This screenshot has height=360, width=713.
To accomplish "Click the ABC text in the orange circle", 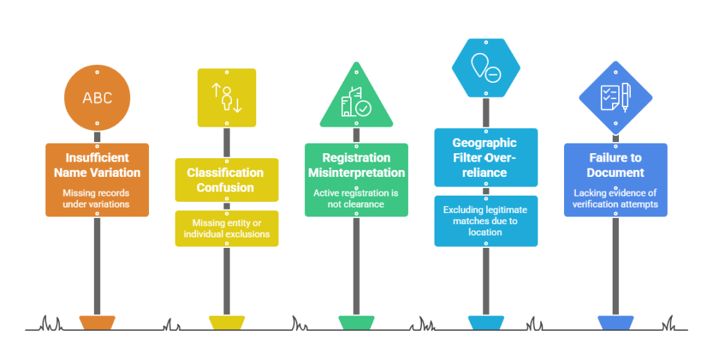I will click(97, 98).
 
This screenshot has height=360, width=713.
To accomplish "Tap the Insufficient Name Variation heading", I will click(97, 165).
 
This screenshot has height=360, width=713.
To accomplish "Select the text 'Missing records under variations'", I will click(97, 198).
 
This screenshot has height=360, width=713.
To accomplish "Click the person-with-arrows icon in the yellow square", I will click(226, 98).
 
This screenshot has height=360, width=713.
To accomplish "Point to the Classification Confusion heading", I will click(226, 180).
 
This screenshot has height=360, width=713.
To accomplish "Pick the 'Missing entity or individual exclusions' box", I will click(226, 228).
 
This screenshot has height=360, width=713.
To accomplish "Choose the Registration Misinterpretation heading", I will click(356, 165).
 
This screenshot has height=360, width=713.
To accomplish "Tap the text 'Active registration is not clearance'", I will click(356, 198).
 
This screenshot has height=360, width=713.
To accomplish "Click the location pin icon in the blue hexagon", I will click(485, 68).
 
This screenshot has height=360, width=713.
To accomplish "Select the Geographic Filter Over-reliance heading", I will click(486, 157).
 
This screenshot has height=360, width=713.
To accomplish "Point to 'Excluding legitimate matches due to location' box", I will click(486, 221).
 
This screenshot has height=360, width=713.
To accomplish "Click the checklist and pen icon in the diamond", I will click(615, 97).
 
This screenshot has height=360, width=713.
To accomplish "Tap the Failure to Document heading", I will click(615, 165).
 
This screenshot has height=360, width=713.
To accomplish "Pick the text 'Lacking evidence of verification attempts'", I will click(615, 198).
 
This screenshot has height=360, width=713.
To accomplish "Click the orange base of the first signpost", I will click(97, 322).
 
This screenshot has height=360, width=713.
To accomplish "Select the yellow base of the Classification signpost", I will click(226, 322).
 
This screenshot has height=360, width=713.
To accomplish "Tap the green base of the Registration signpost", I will click(356, 322).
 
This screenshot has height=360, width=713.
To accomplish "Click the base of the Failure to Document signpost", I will click(615, 322).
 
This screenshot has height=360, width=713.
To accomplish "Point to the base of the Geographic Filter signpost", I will click(485, 322).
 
